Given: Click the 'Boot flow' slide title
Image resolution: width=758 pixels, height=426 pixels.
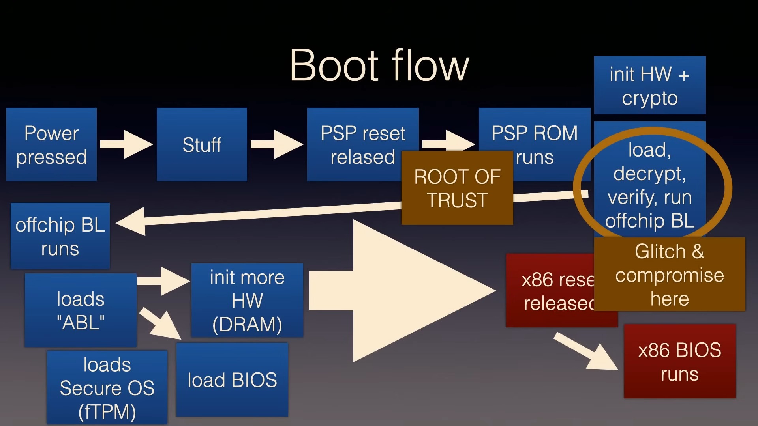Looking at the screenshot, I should click(x=379, y=65).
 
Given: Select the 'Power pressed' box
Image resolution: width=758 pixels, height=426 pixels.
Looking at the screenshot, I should click(x=51, y=145).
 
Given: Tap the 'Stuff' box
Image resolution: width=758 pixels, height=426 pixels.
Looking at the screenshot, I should click(x=202, y=145).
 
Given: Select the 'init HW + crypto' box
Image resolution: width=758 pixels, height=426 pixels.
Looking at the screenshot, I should click(x=649, y=86).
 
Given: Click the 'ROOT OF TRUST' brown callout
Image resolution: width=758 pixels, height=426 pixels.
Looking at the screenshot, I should click(x=457, y=188).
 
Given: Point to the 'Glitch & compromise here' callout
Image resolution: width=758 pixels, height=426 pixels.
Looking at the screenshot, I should click(x=670, y=275).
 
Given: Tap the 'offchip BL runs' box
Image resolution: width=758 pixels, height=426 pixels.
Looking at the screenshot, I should click(x=60, y=236).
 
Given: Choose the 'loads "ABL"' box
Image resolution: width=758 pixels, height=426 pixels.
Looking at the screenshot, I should click(x=81, y=310).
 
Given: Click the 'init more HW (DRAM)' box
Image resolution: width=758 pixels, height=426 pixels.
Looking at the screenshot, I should click(x=247, y=301).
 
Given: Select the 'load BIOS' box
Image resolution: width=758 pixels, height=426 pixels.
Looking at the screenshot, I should click(x=232, y=380).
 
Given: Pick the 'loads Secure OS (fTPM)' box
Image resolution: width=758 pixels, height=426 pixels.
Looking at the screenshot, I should click(x=107, y=388).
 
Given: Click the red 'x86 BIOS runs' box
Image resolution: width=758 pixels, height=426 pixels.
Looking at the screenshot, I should click(x=679, y=362).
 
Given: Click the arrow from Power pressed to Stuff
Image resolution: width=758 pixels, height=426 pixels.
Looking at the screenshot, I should click(x=126, y=144).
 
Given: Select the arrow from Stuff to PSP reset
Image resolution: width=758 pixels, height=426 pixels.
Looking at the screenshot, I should click(x=277, y=144).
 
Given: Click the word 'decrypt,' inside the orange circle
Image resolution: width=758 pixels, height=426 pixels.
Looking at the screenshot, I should click(x=649, y=174).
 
